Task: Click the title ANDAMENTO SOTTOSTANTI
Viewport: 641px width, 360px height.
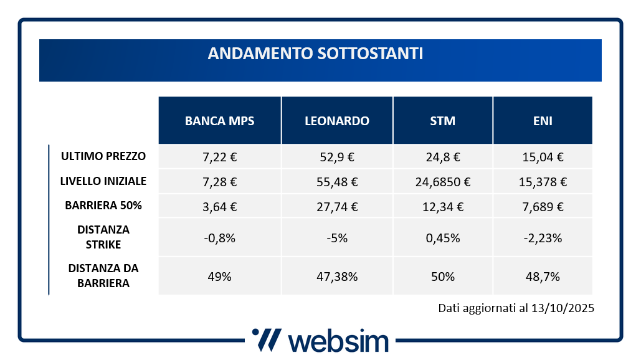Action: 315,54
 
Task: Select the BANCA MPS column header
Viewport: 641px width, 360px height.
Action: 219,121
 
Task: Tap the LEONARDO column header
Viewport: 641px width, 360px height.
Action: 337,121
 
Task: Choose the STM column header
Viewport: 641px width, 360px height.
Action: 443,121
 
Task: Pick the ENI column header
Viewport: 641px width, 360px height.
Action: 543,121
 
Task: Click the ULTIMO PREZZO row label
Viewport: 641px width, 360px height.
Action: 103,156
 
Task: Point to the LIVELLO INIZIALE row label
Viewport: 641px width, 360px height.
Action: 103,181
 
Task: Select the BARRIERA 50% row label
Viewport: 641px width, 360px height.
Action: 103,206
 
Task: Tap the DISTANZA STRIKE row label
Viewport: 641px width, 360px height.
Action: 103,237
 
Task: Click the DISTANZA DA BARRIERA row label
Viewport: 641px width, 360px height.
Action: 103,275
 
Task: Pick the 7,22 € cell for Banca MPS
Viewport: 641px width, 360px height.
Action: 219,157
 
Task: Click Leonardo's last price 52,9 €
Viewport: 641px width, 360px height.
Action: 337,157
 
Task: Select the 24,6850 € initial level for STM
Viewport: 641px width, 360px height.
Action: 443,182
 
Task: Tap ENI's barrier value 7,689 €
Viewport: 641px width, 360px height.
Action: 543,206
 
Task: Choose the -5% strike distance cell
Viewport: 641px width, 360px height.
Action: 337,237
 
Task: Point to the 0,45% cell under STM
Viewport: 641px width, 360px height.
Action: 443,237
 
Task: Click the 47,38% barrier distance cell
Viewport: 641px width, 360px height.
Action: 337,277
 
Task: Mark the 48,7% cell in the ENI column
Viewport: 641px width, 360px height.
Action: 543,277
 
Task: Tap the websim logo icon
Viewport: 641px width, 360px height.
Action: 267,340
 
